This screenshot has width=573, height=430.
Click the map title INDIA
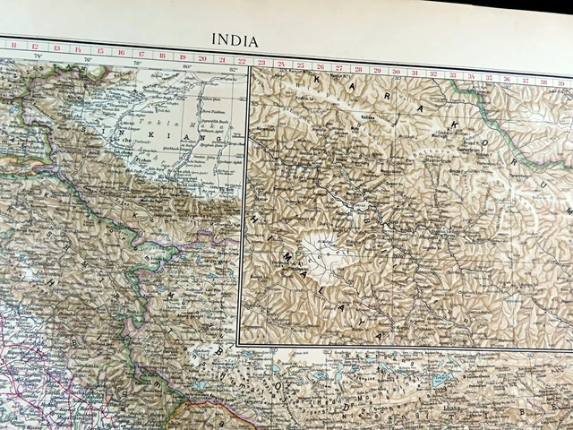coord(234,40)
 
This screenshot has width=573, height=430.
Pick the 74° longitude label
coord(38,56)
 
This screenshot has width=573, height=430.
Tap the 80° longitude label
coord(186,65)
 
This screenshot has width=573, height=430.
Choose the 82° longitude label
coord(234,69)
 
